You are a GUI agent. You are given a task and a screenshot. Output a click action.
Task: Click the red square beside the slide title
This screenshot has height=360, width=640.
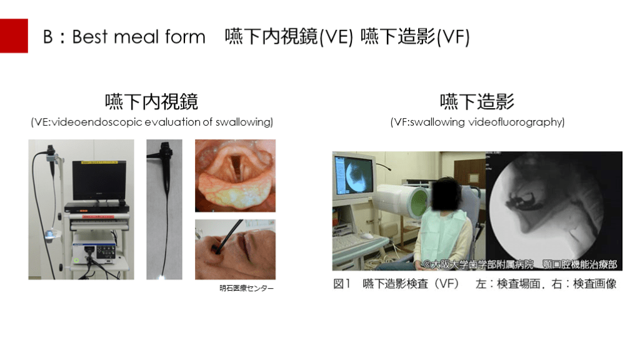tap(14, 36)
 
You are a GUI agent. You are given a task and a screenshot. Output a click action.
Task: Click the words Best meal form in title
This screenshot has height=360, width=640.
tap(139, 37)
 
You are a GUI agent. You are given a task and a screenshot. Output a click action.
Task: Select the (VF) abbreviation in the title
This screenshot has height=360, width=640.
tap(453, 37)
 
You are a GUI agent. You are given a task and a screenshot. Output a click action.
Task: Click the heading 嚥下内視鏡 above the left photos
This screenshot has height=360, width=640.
tap(151, 102)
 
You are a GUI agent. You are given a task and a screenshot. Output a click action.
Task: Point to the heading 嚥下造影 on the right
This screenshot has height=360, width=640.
tap(477, 102)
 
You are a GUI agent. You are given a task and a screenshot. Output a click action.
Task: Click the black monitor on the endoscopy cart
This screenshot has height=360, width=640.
tap(99, 180)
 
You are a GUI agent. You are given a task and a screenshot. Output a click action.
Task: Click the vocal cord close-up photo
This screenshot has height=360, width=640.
tap(235, 176)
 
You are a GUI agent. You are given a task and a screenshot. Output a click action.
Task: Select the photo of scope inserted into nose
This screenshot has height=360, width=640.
tap(235, 249)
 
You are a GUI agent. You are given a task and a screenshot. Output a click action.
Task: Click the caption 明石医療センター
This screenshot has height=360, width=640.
tap(246, 288)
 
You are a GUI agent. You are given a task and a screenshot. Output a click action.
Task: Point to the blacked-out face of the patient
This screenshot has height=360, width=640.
tap(447, 194)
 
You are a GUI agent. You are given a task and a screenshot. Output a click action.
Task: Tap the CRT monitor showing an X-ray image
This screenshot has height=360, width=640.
tap(354, 174)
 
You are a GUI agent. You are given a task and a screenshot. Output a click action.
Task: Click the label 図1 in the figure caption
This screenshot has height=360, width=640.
tap(342, 284)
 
